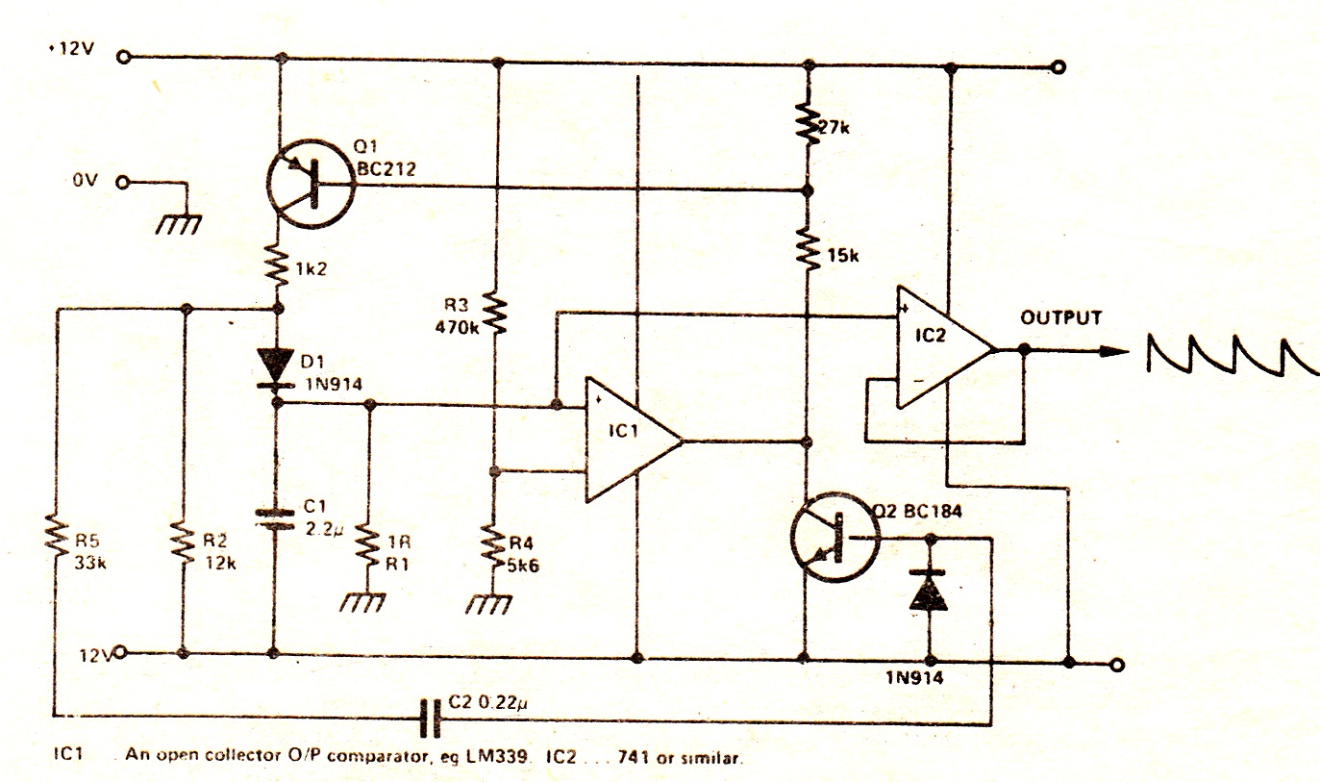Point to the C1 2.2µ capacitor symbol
pyautogui.click(x=276, y=519)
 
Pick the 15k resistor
pyautogui.click(x=808, y=251)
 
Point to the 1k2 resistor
pyautogui.click(x=278, y=267)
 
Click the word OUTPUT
pyautogui.click(x=1061, y=317)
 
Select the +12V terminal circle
pyautogui.click(x=124, y=56)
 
